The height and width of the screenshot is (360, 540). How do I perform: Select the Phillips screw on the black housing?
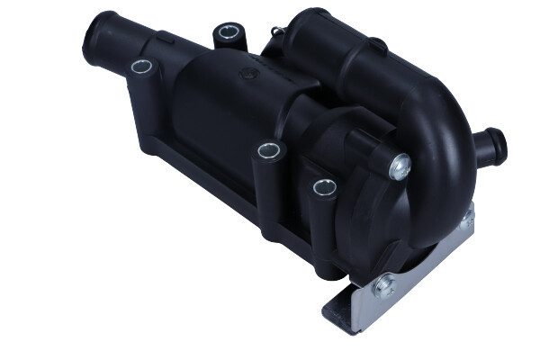[x=400, y=165]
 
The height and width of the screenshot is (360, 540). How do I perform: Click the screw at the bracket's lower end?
[x=384, y=287]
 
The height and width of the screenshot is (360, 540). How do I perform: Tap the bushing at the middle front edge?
[x=267, y=150]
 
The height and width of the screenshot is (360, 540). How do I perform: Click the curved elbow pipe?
[x=441, y=153]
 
